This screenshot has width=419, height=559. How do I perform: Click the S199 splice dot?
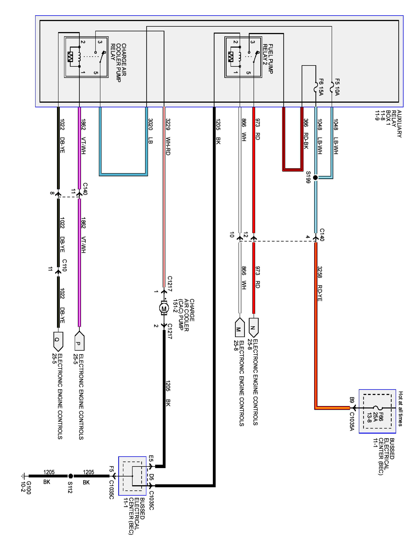click(315, 178)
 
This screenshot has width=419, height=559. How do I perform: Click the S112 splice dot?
click(71, 476)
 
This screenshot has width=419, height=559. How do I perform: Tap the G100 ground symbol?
click(23, 476)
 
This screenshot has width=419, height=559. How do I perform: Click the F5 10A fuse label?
click(337, 87)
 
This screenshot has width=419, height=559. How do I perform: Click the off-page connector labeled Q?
click(58, 341)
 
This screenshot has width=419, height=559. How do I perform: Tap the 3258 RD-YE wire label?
click(320, 283)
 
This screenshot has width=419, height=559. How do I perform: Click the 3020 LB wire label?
click(150, 131)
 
